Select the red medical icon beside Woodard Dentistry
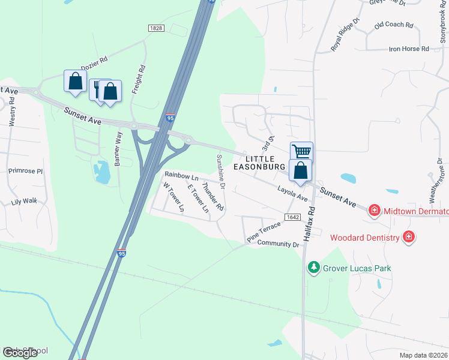click(x=409, y=237)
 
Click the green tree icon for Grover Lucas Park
click(x=313, y=267)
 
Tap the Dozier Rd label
click(x=94, y=64)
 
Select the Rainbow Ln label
click(x=181, y=176)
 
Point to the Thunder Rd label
click(x=213, y=197)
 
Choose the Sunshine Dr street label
click(x=220, y=171)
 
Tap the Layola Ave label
click(x=292, y=193)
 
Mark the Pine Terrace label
click(x=264, y=232)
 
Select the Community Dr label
click(x=278, y=244)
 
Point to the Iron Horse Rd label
click(x=409, y=49)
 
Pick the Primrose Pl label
click(x=26, y=171)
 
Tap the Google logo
click(x=20, y=353)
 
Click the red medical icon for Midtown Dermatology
click(x=374, y=210)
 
